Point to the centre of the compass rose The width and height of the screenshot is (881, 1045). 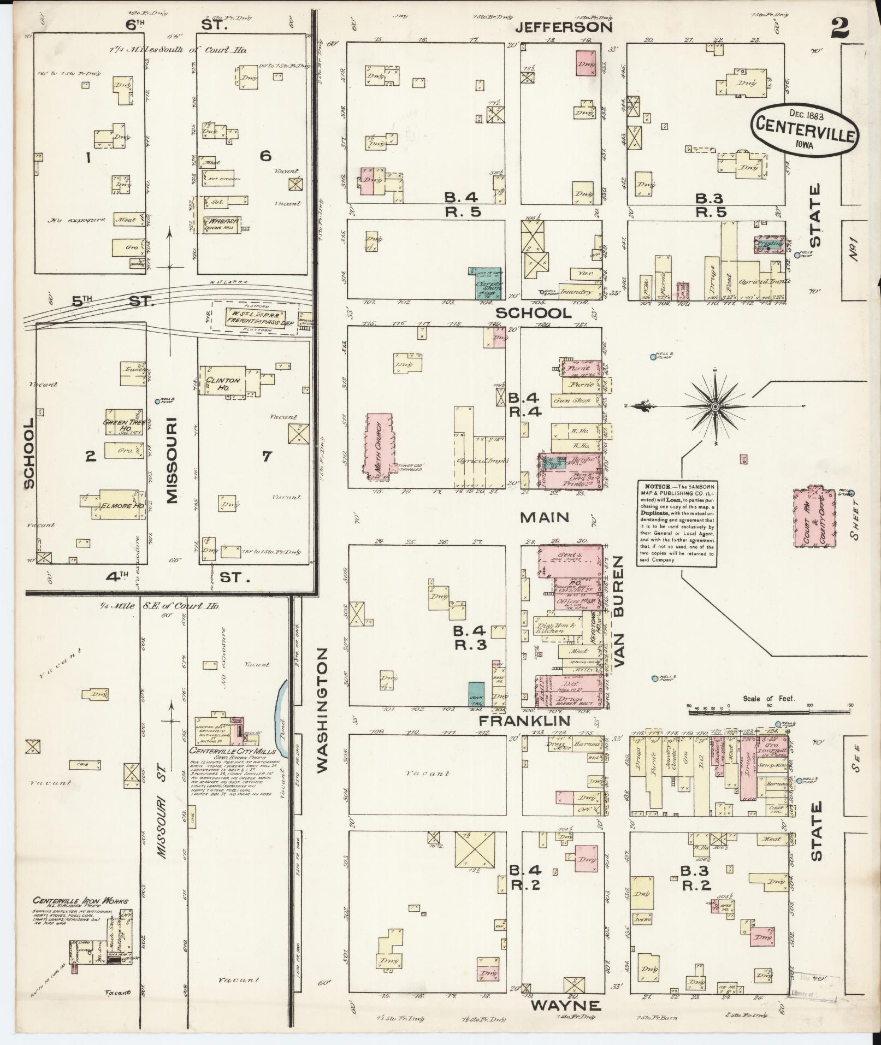coord(714,407)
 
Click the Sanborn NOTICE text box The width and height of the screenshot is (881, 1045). coord(676,523)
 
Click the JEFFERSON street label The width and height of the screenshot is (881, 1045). coord(564,27)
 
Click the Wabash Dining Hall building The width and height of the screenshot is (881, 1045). coord(221,224)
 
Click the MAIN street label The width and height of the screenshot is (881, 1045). coord(545,517)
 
